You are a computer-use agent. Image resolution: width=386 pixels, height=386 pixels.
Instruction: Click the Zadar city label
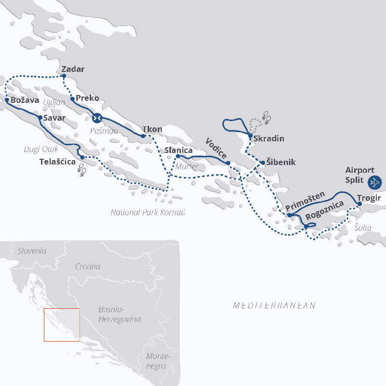pos(73,69)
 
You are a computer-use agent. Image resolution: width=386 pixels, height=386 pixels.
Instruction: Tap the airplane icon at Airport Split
pos(374,182)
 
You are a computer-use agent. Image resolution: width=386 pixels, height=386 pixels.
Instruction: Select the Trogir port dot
pos(359,204)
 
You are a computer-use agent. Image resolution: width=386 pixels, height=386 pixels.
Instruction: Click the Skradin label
pos(269,138)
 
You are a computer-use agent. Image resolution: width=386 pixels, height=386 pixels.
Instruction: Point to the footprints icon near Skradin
pos(266,116)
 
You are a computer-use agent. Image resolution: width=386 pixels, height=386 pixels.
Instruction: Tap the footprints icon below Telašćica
pos(82,169)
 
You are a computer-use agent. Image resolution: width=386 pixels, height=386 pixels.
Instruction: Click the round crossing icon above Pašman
pos(97,117)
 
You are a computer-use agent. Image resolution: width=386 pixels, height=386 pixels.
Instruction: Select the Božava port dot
pos(7,100)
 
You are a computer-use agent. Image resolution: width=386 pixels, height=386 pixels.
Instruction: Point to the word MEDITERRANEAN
pos(274,305)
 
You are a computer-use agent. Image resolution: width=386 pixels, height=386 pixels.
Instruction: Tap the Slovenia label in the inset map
pos(32,251)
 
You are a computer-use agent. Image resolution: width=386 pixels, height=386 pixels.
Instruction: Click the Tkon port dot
pos(143,136)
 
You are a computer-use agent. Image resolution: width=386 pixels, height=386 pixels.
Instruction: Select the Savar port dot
pos(40,117)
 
